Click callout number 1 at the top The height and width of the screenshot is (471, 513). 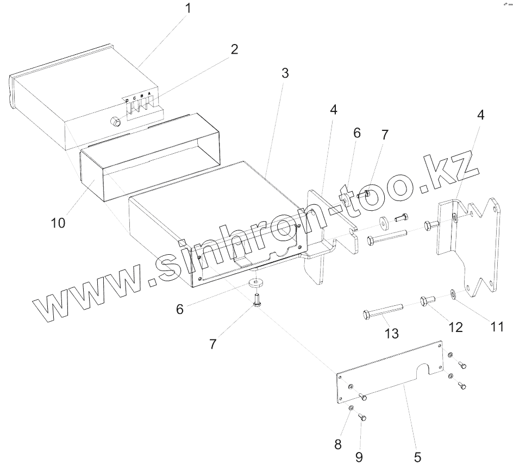[x=188, y=9]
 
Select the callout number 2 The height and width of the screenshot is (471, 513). [x=234, y=49]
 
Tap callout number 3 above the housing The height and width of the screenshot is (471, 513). [x=285, y=74]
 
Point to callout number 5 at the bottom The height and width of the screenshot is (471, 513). [x=417, y=456]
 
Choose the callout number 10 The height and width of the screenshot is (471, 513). [x=58, y=223]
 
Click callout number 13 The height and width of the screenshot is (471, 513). [x=391, y=332]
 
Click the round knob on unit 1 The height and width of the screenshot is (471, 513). [x=115, y=122]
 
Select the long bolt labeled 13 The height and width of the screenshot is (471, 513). [x=383, y=311]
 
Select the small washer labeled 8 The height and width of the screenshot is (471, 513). [x=351, y=408]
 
